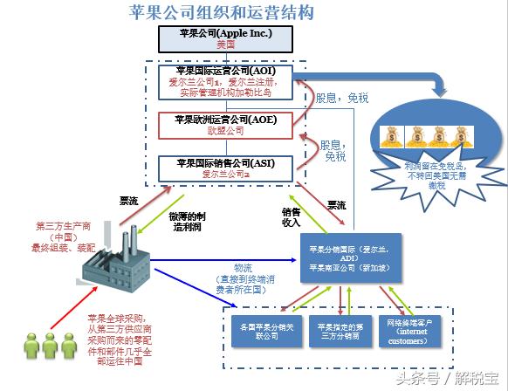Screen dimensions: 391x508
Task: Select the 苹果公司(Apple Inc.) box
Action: point(225,38)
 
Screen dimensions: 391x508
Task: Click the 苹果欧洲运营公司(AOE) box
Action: point(225,125)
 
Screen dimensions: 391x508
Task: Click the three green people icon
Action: point(42,346)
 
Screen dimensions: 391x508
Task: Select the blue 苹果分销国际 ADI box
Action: point(351,258)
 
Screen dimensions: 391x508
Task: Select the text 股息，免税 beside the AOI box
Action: point(343,99)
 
